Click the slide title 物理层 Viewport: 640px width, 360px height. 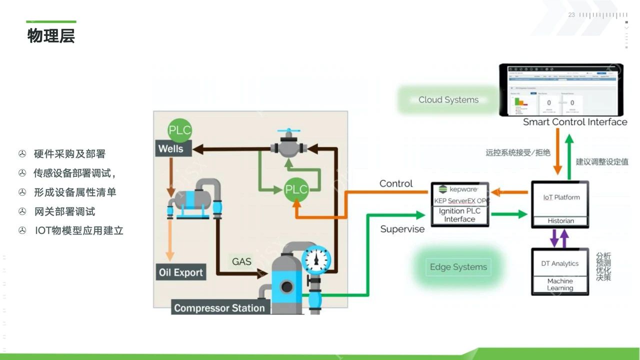(51, 36)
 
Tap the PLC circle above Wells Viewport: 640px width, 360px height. (179, 130)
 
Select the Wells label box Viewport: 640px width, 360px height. (171, 148)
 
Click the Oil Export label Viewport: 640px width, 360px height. (180, 272)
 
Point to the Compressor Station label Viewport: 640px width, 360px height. (219, 307)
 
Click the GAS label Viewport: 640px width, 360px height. (241, 261)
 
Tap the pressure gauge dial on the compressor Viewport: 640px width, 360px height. (316, 259)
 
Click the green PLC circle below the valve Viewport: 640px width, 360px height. (296, 189)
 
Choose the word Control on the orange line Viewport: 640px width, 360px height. (396, 183)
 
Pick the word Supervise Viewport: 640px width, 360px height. (402, 229)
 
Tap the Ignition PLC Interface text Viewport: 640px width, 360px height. (459, 215)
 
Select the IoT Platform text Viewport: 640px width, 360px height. (561, 197)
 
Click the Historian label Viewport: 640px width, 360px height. (560, 220)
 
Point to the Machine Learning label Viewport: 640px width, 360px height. (560, 284)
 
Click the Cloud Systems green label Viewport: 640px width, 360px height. (448, 99)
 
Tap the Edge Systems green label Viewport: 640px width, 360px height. (458, 267)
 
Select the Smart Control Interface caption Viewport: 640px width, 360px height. (575, 122)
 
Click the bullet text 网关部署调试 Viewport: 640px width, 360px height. (64, 211)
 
